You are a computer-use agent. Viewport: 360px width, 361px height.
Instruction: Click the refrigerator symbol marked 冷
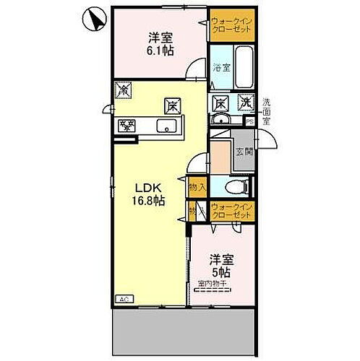coord(123,91)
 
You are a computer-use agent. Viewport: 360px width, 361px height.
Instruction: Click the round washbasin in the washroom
coord(221,121)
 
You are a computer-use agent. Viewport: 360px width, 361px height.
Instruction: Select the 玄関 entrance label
coord(243,152)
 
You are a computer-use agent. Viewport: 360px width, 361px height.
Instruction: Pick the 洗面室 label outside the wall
coord(267,113)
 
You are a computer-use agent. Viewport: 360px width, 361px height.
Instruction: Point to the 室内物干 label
coord(213,284)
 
